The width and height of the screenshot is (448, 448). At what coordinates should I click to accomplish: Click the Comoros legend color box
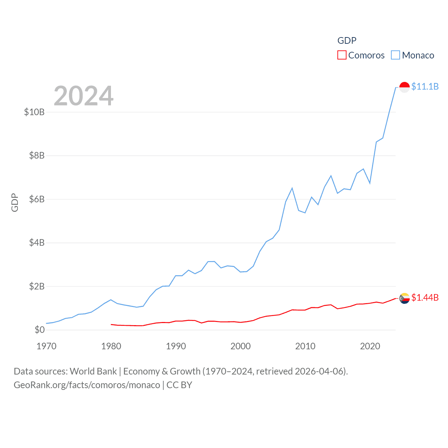pos(342,55)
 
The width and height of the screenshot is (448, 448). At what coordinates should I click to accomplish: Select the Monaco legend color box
pos(395,55)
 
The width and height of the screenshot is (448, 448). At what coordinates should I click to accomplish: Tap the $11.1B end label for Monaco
pos(425,86)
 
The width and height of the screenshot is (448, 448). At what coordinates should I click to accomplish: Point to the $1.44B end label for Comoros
pos(425,297)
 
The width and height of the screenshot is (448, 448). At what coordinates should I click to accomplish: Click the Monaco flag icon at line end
pos(405,87)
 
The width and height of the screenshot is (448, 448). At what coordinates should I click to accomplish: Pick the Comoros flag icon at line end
pos(405,298)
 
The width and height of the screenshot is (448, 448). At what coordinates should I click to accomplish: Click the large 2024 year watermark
pos(84,96)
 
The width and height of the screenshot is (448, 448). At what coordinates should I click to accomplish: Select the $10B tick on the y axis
pos(34,112)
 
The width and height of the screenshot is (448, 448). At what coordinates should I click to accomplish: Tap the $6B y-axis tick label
pos(37,199)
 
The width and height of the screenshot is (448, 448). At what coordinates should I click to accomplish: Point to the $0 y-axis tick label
pos(40,330)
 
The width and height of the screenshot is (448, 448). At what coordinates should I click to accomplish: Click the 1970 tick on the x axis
pos(46,346)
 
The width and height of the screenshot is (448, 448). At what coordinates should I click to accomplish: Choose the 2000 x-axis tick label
pos(240,346)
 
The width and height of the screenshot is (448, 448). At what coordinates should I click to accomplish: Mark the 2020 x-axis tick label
pos(370,346)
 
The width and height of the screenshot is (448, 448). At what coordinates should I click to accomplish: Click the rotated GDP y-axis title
pos(15,202)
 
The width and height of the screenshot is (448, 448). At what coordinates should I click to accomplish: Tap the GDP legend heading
pos(347,41)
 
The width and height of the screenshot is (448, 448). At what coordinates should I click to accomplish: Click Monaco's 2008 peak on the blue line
pos(292,188)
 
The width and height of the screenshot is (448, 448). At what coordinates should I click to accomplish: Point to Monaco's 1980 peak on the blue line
pos(111,300)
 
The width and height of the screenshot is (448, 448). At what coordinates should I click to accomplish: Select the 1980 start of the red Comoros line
pos(111,324)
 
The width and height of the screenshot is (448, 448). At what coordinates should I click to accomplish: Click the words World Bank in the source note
pos(93,371)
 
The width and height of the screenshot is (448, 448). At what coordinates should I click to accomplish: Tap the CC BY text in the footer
pos(179,385)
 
